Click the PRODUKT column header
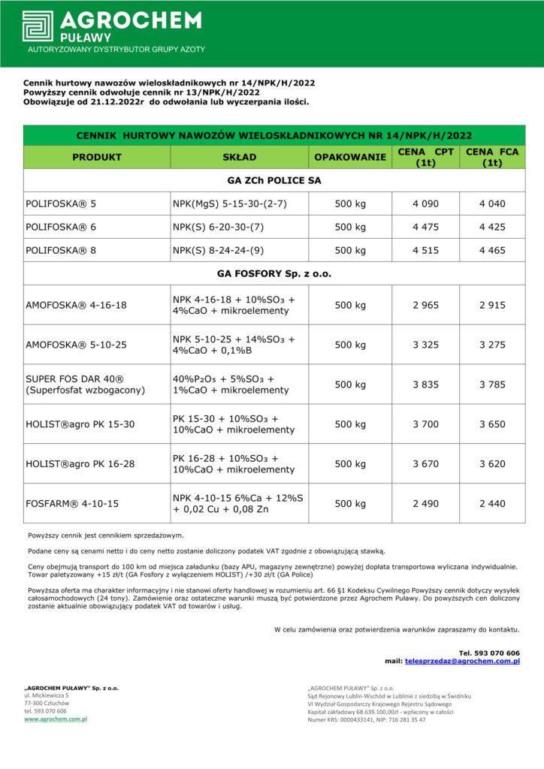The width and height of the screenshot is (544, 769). click(x=97, y=158)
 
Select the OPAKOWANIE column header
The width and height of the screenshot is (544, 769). click(x=349, y=158)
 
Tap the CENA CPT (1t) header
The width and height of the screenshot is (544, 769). click(x=425, y=157)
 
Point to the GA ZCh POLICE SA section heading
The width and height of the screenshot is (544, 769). click(x=274, y=181)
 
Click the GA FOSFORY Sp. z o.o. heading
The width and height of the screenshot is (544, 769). click(x=274, y=273)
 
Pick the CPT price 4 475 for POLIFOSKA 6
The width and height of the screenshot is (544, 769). click(x=425, y=227)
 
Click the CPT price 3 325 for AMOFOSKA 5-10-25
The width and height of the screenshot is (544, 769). click(x=425, y=345)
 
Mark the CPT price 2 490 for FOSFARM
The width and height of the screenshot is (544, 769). click(x=425, y=503)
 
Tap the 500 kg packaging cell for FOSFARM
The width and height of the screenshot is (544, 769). click(x=349, y=503)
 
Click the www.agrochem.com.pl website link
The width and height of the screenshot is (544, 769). click(x=56, y=719)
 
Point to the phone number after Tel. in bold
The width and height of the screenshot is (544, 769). click(x=497, y=653)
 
